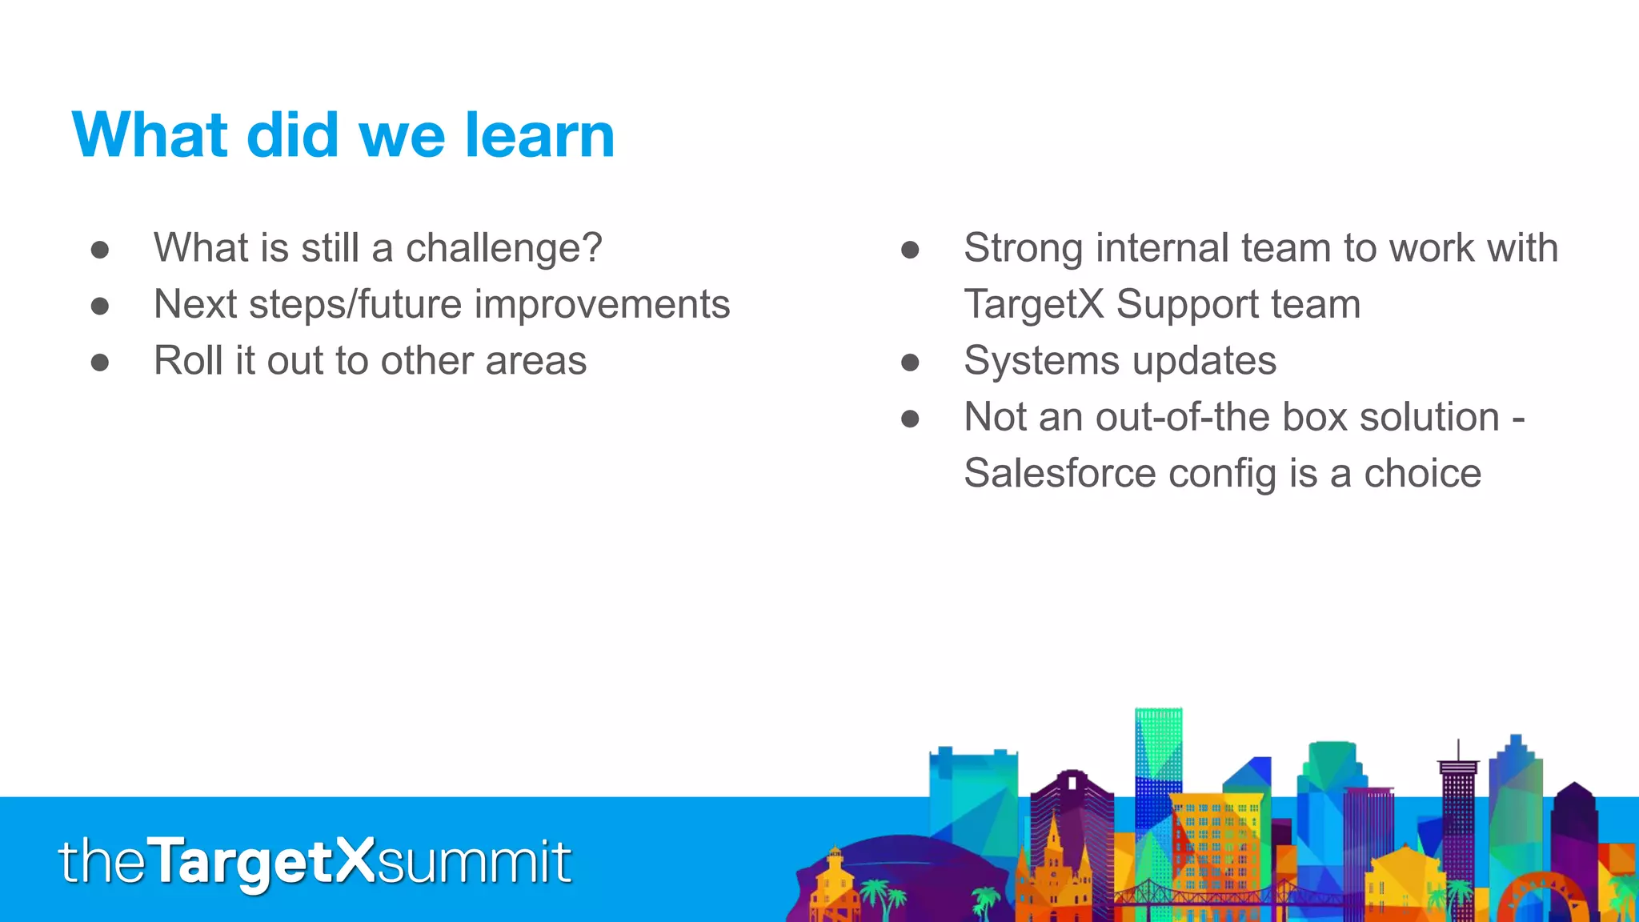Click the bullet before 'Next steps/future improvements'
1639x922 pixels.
(100, 306)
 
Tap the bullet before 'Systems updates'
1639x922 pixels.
(910, 363)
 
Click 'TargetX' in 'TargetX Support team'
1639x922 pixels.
(1033, 304)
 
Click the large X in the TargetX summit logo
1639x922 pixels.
(353, 860)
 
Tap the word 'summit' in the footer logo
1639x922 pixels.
(474, 863)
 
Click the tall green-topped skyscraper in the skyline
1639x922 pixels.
(1157, 744)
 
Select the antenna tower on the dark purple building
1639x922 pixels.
(1458, 752)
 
